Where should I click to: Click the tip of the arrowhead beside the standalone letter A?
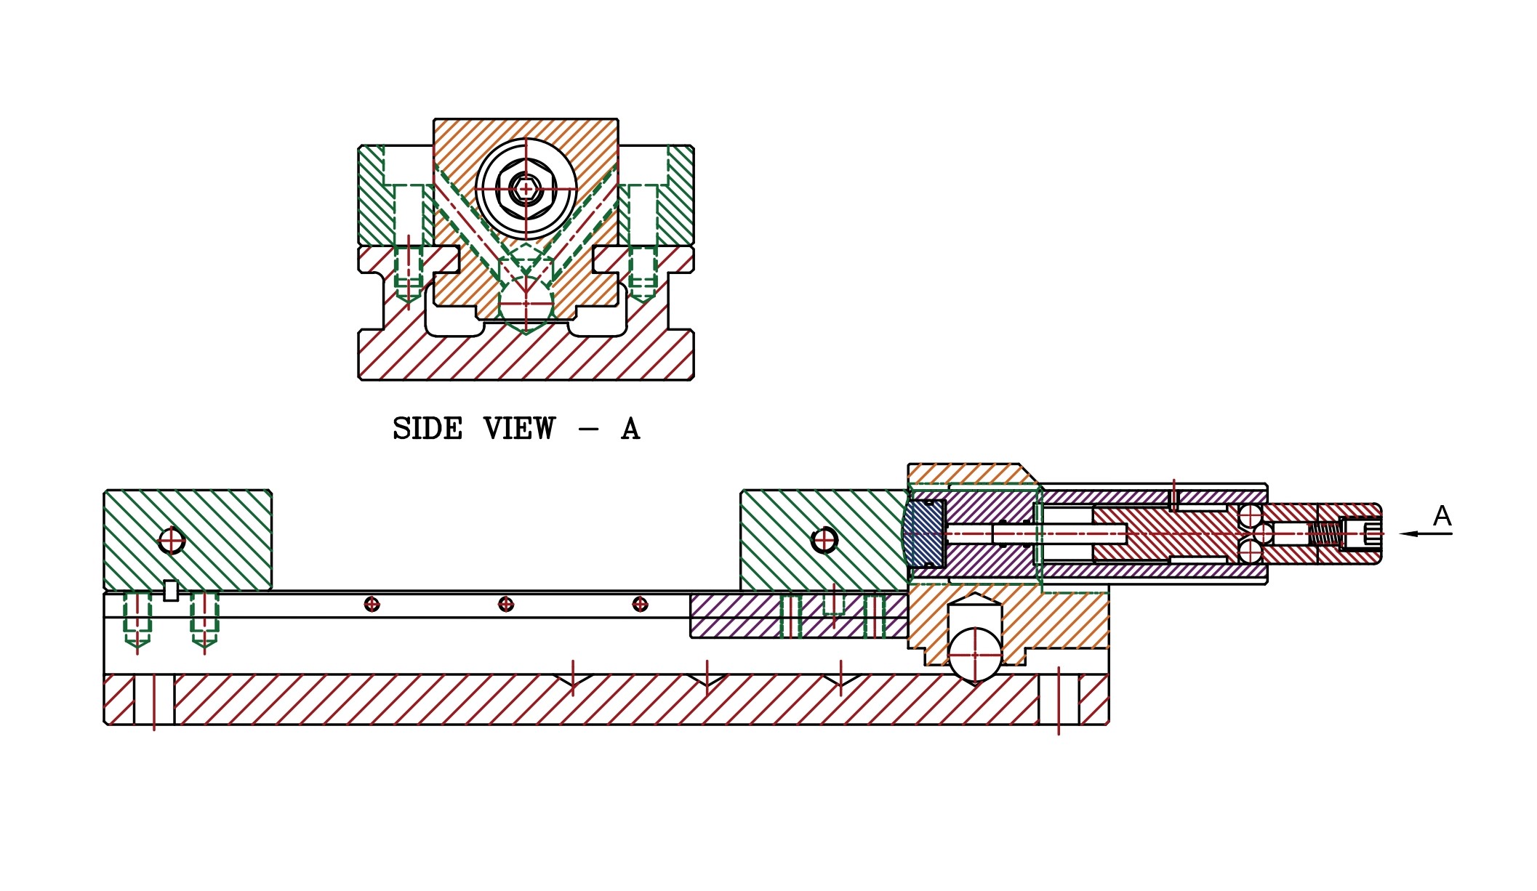point(1400,534)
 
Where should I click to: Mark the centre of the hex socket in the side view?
point(525,189)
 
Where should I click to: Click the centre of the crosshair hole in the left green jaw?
point(172,541)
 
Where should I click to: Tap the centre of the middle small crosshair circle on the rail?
point(506,604)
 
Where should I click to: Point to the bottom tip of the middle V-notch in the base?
point(707,686)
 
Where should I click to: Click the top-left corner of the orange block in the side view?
point(434,119)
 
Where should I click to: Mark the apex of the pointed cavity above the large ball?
point(975,593)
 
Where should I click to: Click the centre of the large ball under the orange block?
point(975,655)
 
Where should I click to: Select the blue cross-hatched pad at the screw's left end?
point(924,534)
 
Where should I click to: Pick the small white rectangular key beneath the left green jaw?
point(171,591)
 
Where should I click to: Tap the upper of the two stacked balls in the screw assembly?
point(1251,517)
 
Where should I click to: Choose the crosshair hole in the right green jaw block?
point(824,540)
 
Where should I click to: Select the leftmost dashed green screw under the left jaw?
point(137,620)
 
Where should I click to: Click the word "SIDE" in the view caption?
point(428,429)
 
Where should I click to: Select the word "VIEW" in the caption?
point(519,429)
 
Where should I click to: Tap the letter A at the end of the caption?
point(630,429)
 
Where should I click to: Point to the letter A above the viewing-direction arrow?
point(1442,516)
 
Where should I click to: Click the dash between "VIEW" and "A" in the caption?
point(588,430)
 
